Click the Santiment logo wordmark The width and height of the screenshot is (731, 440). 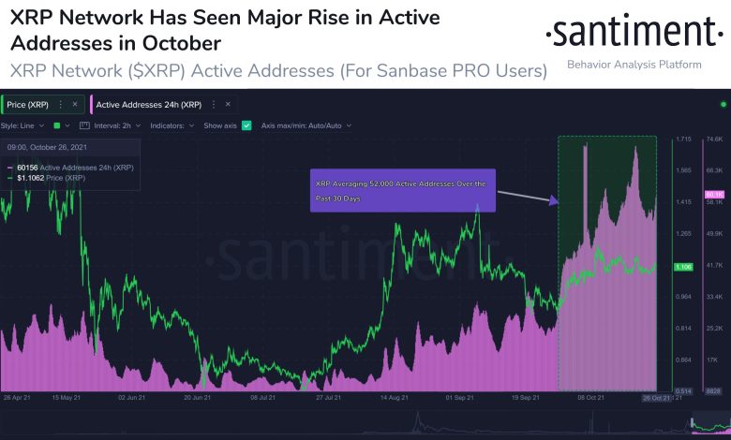point(634,34)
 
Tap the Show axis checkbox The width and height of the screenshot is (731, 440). point(246,125)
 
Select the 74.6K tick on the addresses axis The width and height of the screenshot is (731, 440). point(715,139)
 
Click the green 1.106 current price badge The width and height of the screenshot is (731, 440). point(683,268)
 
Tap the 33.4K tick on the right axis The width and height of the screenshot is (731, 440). point(715,297)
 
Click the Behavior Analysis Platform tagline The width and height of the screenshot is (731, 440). point(634,65)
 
